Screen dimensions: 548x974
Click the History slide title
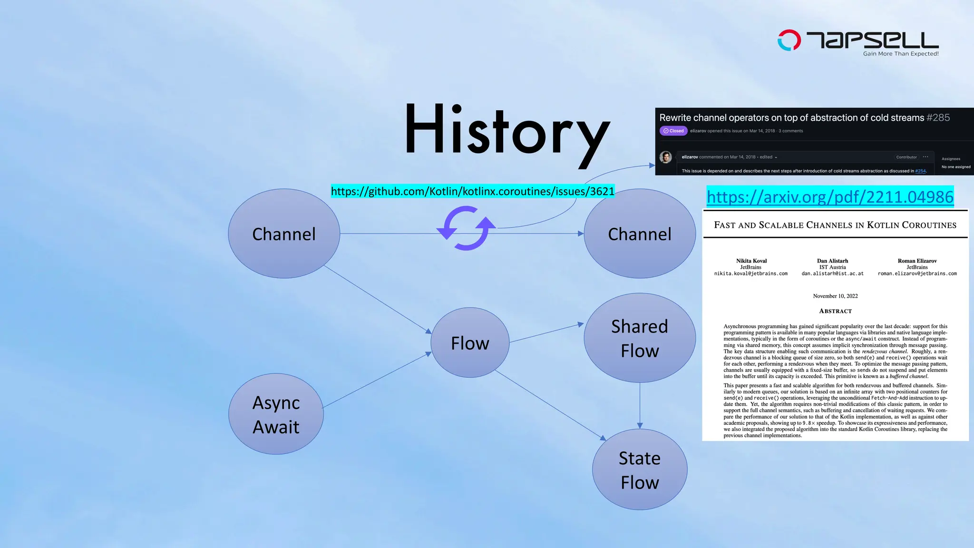click(x=507, y=131)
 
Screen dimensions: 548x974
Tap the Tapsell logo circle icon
click(x=789, y=40)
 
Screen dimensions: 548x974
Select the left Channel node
click(x=284, y=234)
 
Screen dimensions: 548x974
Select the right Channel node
click(x=639, y=234)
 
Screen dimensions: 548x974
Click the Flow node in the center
click(x=470, y=342)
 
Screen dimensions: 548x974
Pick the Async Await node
click(x=276, y=414)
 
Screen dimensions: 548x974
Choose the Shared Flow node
click(x=639, y=338)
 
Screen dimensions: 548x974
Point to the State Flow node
click(x=639, y=470)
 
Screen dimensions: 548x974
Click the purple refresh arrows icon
click(x=466, y=228)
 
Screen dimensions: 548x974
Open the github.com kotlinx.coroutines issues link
click(x=472, y=191)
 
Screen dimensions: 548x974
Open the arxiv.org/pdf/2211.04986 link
click(x=830, y=196)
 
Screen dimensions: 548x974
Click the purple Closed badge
click(x=673, y=131)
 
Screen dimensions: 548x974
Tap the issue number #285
click(x=938, y=117)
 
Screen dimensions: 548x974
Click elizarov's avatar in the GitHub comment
click(x=666, y=157)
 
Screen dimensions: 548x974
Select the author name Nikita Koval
click(x=751, y=261)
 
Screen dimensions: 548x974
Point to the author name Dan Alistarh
click(x=832, y=261)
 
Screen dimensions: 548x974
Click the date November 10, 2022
click(x=835, y=296)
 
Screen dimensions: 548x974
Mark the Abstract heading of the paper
click(x=835, y=311)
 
